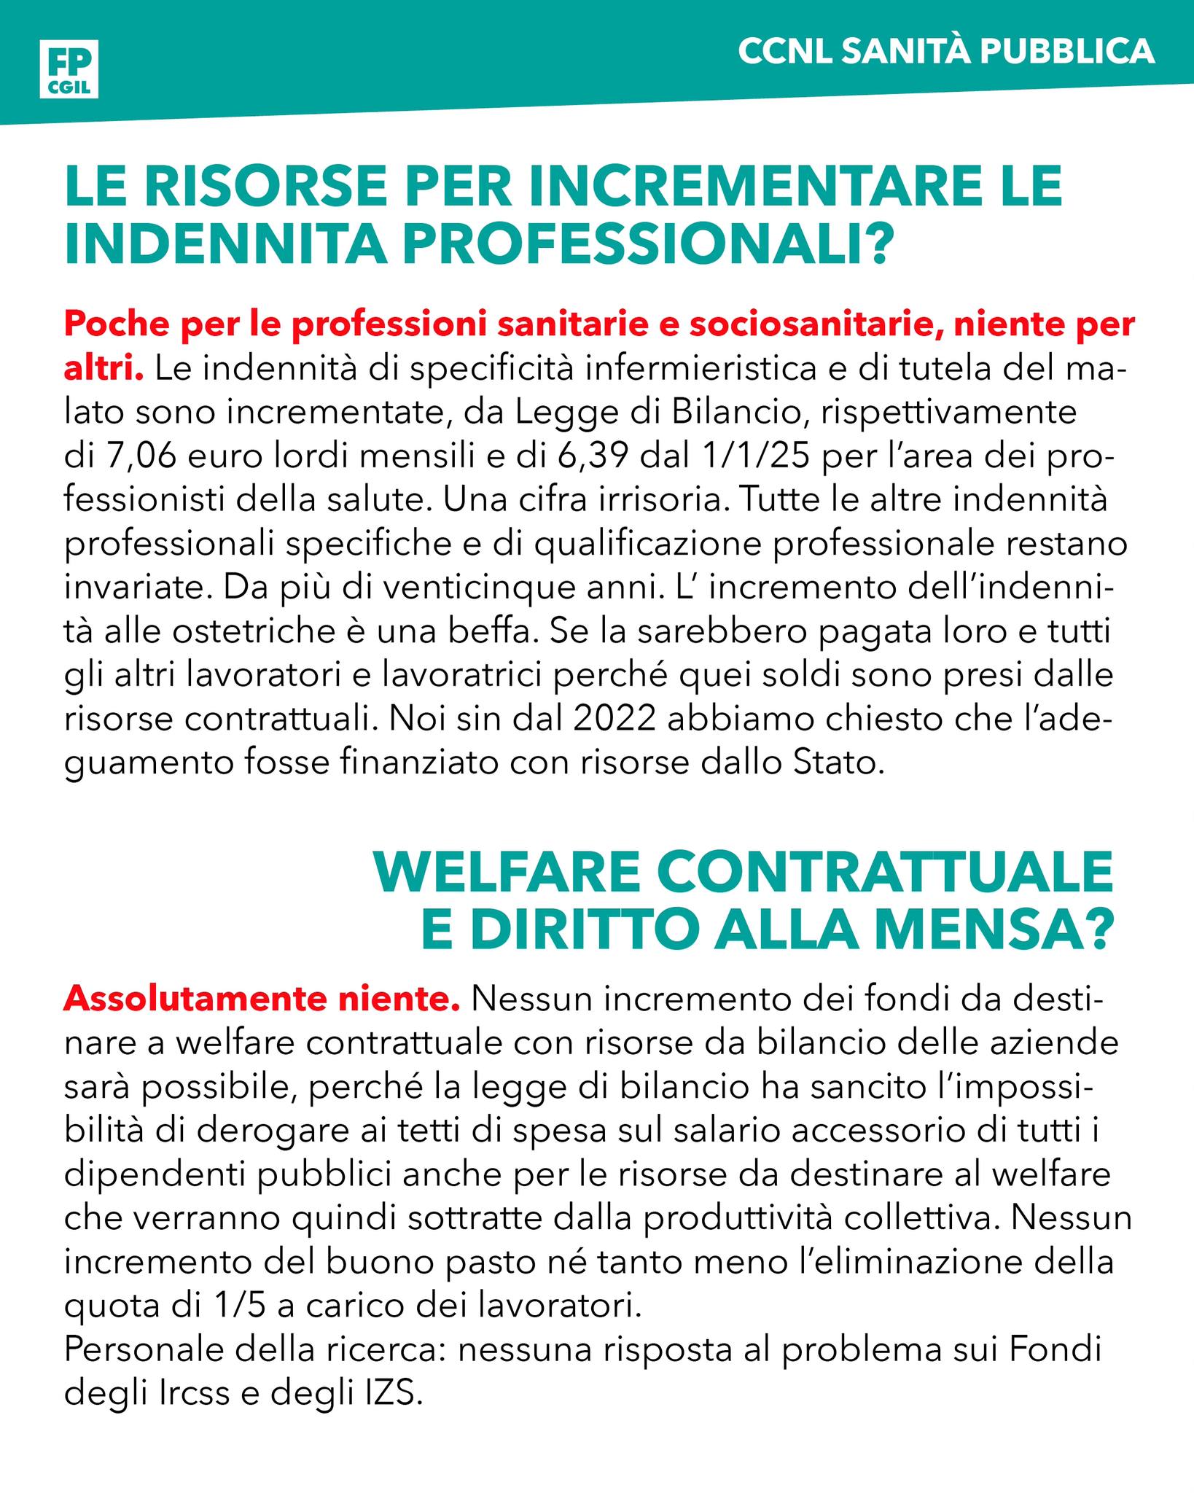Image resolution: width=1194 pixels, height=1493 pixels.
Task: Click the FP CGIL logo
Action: [x=69, y=69]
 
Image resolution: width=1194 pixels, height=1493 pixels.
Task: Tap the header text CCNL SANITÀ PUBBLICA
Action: [x=946, y=52]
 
